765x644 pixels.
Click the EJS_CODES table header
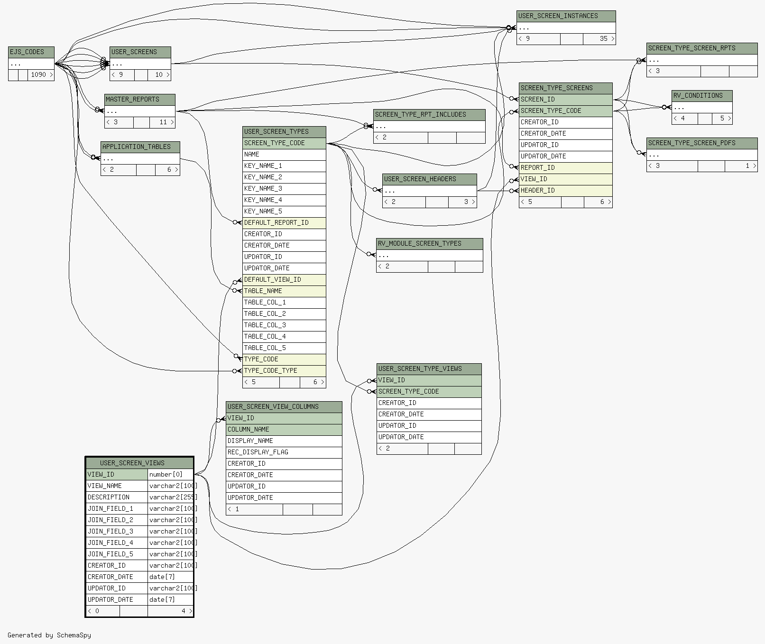click(31, 52)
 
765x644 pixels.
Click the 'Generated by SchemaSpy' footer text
click(49, 635)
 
